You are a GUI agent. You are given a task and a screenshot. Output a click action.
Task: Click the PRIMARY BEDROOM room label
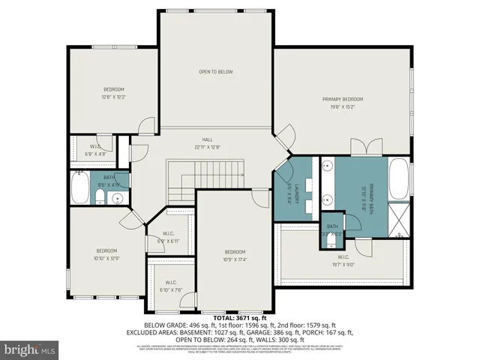[x=343, y=99]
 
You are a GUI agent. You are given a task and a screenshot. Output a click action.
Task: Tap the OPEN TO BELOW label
[x=216, y=72]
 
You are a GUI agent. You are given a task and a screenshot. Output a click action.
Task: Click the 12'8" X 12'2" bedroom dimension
[x=114, y=97]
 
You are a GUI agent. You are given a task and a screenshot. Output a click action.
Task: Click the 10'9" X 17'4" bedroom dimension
[x=235, y=260]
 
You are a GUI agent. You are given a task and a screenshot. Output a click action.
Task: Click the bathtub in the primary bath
[x=400, y=180]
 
